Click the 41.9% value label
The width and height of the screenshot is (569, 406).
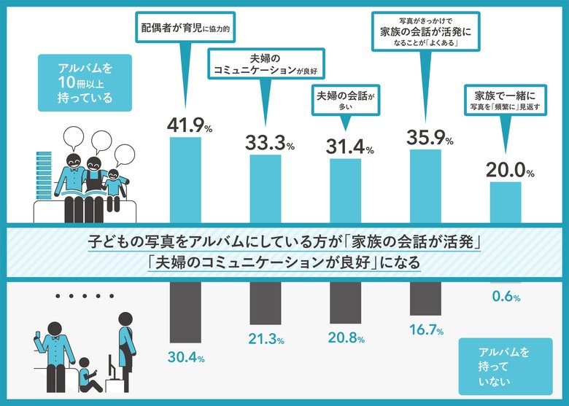tap(189, 125)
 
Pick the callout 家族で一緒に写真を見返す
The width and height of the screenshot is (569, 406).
tap(504, 100)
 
